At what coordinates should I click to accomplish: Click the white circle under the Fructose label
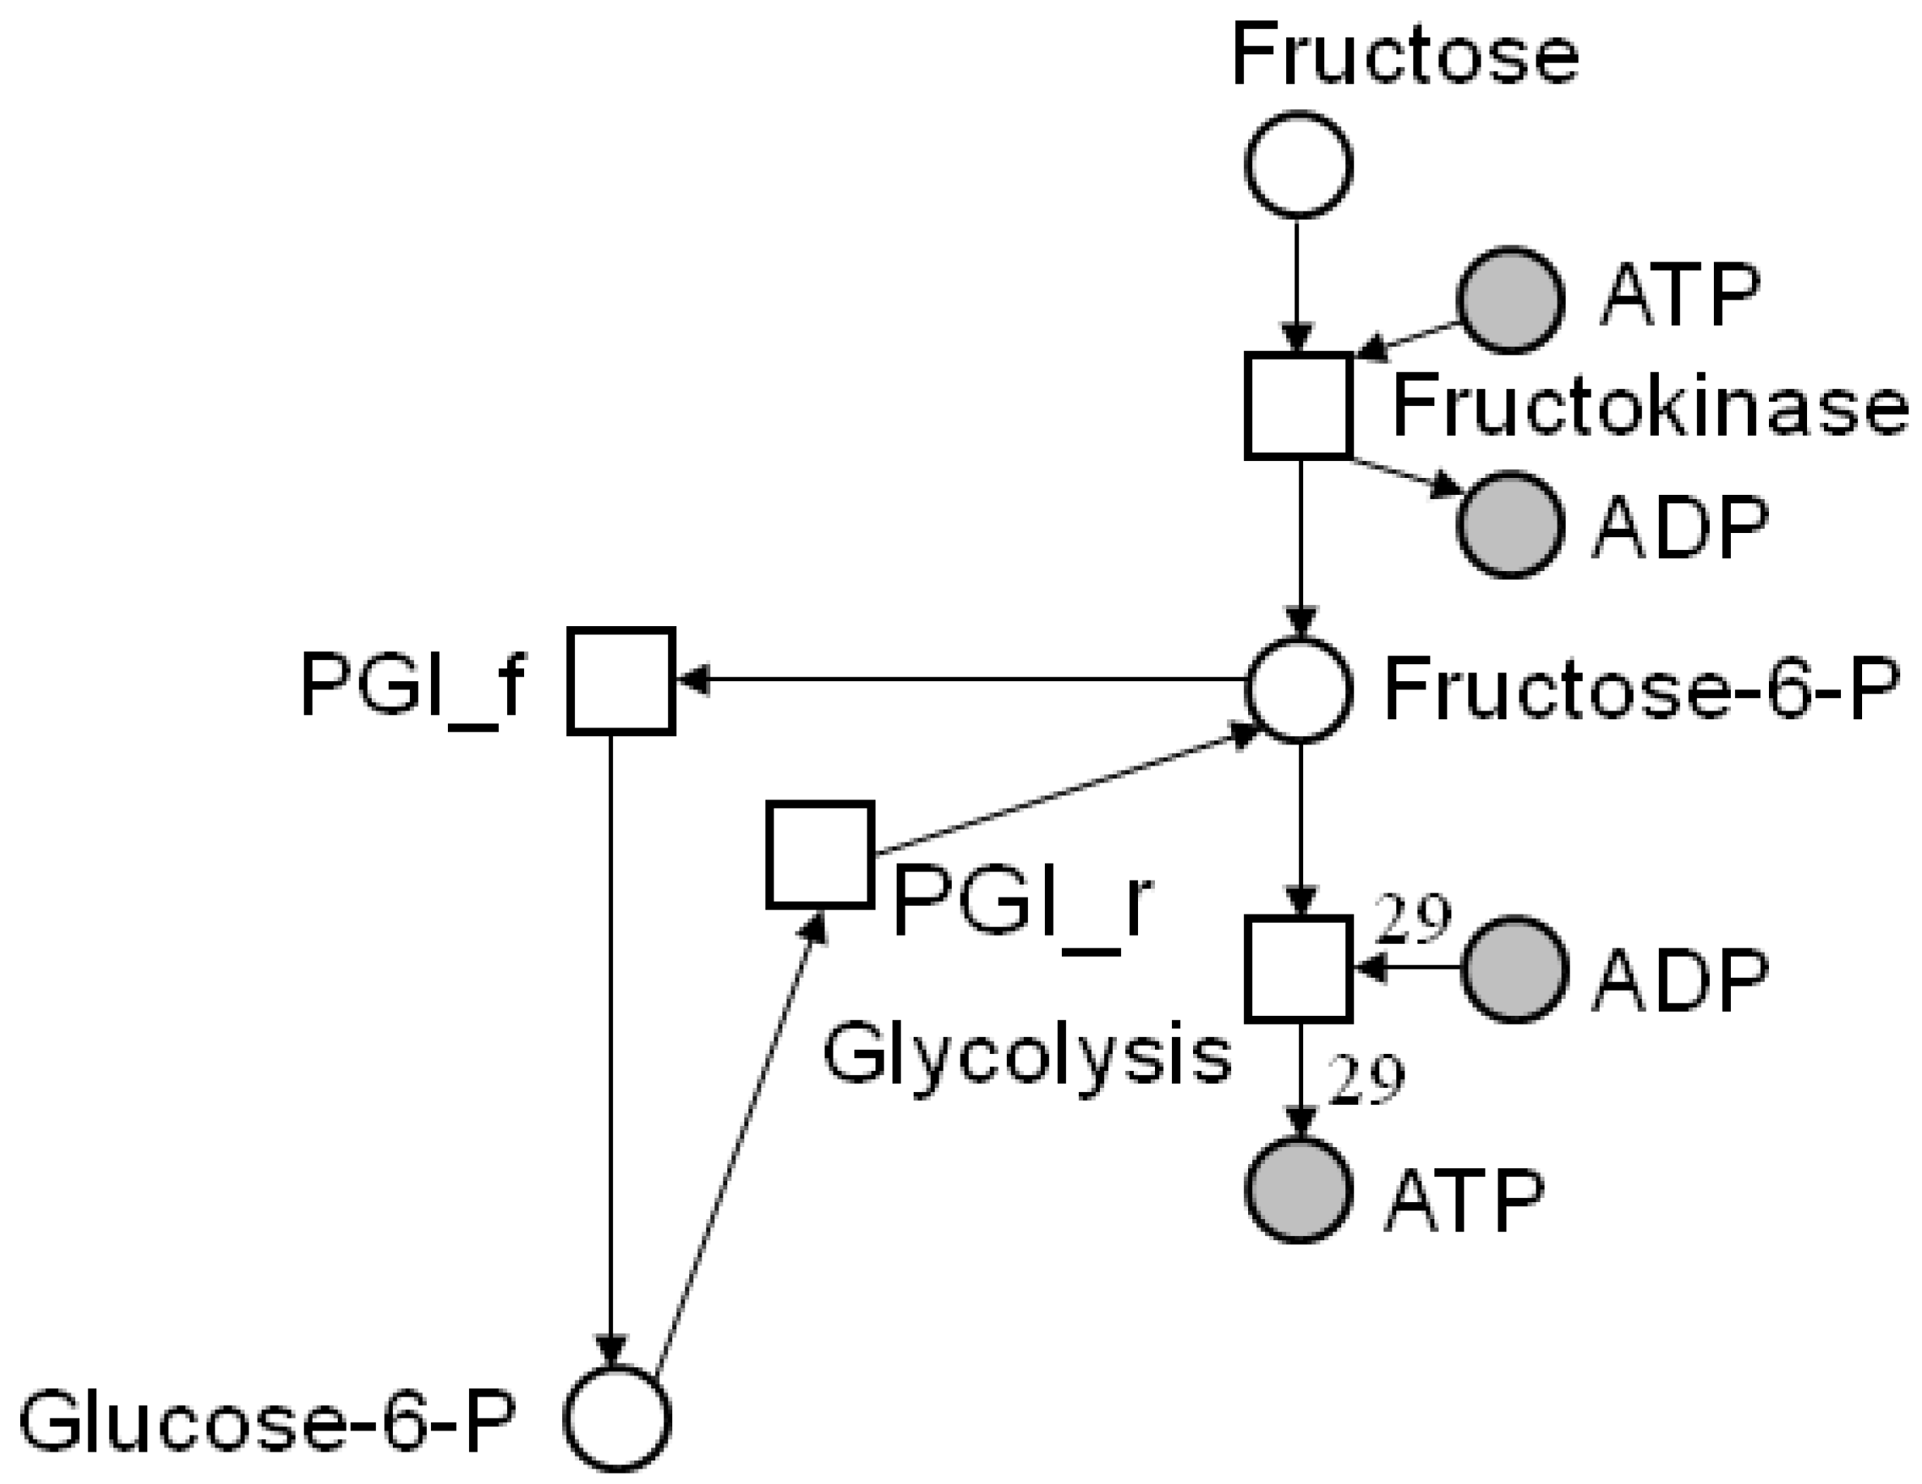point(1298,164)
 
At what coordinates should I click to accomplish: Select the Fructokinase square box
point(1298,406)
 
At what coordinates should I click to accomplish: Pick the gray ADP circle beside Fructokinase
point(1510,525)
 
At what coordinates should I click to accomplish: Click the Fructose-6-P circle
point(1299,690)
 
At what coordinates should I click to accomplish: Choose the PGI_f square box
point(621,680)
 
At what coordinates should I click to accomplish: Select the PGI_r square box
point(820,854)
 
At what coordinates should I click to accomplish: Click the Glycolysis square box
point(1298,969)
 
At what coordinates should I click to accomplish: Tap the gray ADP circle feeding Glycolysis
point(1515,969)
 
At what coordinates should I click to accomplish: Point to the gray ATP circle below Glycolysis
point(1299,1189)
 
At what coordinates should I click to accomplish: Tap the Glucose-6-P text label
point(266,1420)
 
